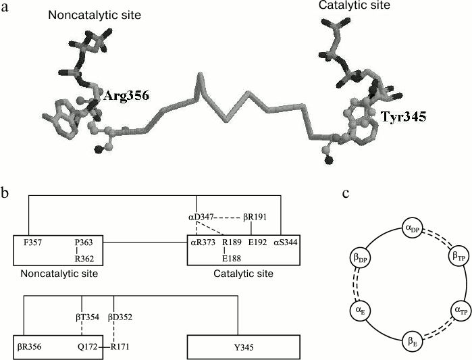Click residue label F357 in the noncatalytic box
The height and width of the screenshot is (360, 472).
(30, 240)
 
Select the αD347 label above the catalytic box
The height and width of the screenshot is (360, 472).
(201, 219)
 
